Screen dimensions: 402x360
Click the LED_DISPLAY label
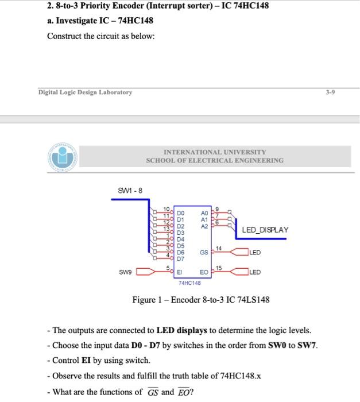pyautogui.click(x=265, y=230)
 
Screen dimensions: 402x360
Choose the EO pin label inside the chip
pyautogui.click(x=204, y=272)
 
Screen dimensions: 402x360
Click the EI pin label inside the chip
pyautogui.click(x=179, y=272)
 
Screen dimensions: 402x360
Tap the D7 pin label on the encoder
pyautogui.click(x=180, y=258)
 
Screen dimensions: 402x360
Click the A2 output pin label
pyautogui.click(x=204, y=226)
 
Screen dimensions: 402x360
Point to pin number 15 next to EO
pyautogui.click(x=219, y=268)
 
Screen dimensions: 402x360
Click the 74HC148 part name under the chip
pyautogui.click(x=189, y=283)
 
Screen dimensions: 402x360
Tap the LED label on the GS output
pyautogui.click(x=256, y=253)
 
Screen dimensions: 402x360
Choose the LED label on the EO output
pyautogui.click(x=256, y=272)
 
